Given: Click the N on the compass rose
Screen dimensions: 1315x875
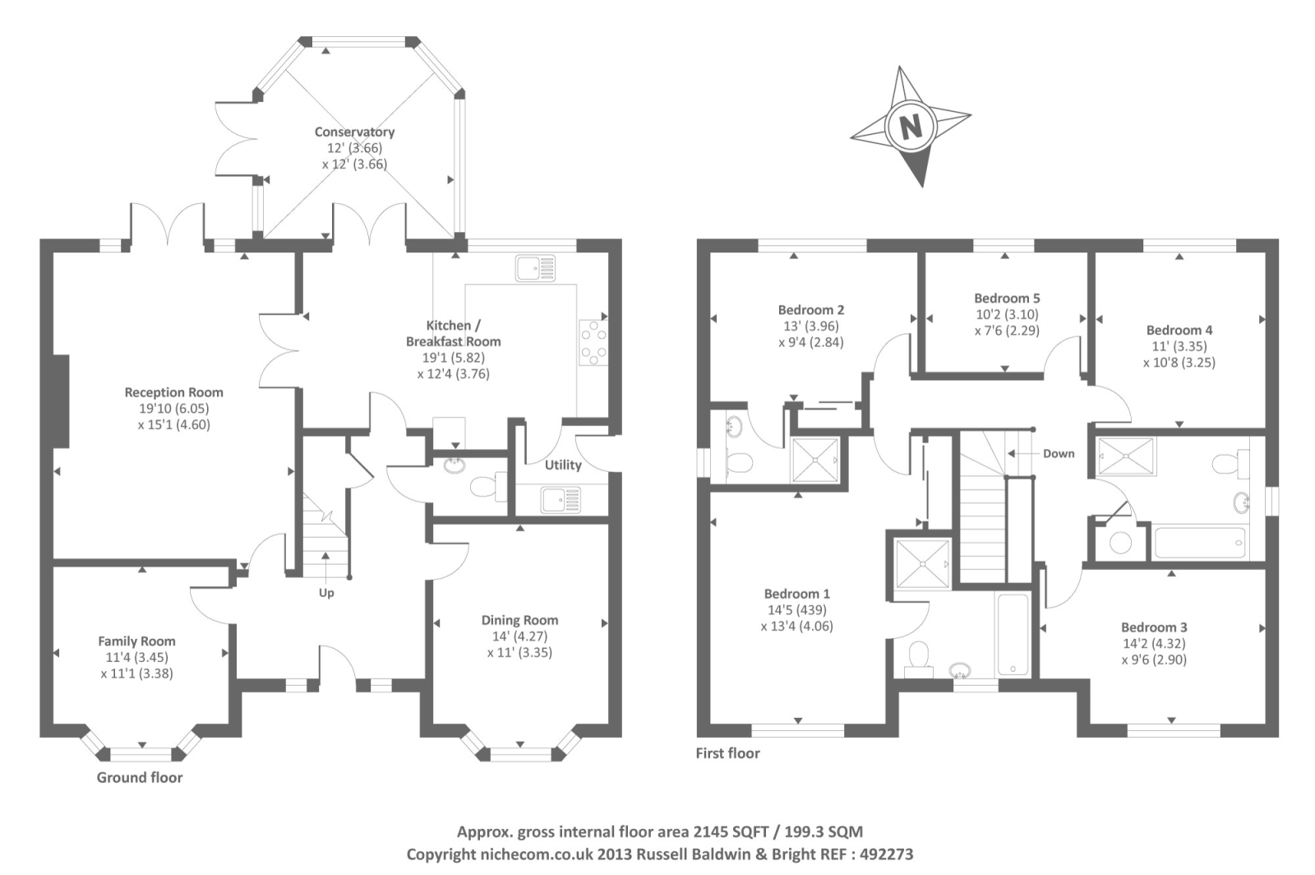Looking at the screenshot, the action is click(x=910, y=127).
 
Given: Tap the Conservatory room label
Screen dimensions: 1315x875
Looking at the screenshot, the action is click(x=354, y=132).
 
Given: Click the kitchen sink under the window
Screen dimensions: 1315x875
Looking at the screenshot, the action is click(x=535, y=268).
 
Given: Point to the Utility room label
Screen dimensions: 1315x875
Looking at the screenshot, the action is click(x=563, y=465).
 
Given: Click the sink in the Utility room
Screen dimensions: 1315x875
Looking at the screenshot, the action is click(x=560, y=499).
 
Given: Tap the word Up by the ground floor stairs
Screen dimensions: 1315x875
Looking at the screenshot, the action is click(x=326, y=593).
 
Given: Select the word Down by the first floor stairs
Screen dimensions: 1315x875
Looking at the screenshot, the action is click(x=1059, y=453).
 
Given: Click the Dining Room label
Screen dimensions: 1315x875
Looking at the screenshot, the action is click(x=519, y=620).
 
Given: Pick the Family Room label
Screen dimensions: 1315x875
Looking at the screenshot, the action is click(x=136, y=641).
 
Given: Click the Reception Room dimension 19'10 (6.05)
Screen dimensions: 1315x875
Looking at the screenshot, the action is click(x=174, y=409).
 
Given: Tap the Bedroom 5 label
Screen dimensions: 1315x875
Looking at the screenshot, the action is click(x=1007, y=298).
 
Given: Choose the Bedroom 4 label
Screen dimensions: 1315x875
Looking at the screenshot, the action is click(x=1179, y=330).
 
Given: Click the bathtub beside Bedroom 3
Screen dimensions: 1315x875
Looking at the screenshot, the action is click(x=1199, y=543).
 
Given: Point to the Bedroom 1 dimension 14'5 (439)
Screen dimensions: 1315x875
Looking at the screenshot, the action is click(x=796, y=610).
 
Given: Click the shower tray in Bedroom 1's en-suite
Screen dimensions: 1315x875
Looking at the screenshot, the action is click(x=921, y=564).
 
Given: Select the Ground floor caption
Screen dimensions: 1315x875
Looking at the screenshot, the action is click(x=140, y=777).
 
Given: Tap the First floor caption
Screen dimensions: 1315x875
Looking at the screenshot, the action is click(x=727, y=752).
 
